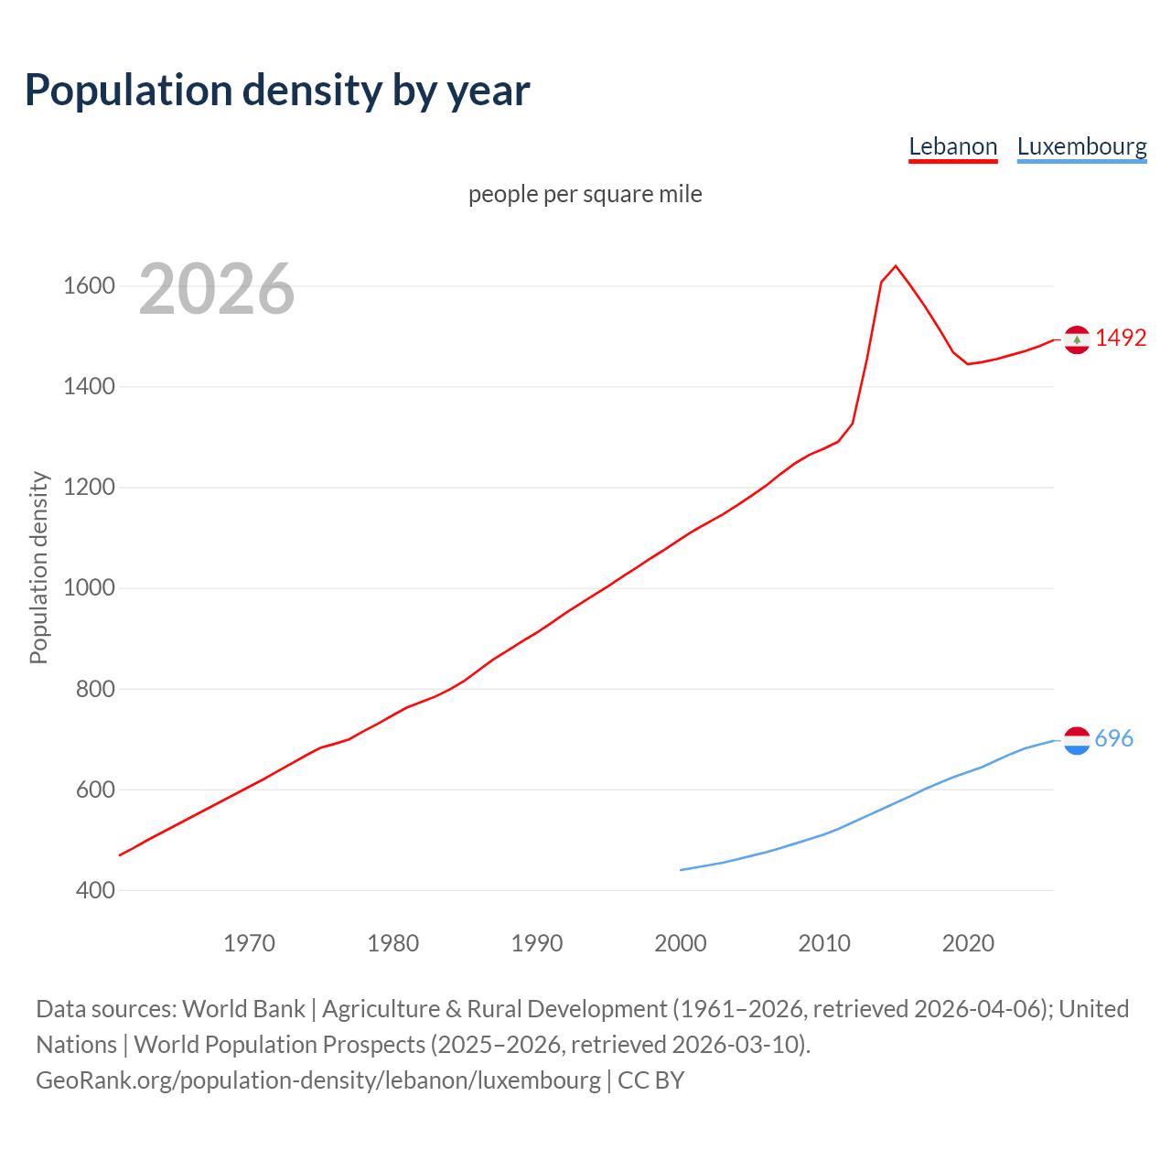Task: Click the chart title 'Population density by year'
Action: click(x=277, y=90)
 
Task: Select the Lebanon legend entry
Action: click(x=952, y=146)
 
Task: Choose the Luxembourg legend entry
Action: click(x=1081, y=146)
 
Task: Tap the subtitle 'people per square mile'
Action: click(x=585, y=194)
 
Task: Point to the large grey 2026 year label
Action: click(x=217, y=289)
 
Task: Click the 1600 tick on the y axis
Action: click(x=89, y=286)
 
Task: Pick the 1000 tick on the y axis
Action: click(x=89, y=588)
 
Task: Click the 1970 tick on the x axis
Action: click(x=249, y=943)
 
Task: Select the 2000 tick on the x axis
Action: click(x=681, y=943)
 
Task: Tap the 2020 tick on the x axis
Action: click(x=968, y=943)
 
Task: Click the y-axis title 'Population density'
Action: click(x=38, y=567)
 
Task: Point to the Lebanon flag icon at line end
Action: click(x=1077, y=339)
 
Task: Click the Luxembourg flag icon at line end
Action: click(x=1077, y=740)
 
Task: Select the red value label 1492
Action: click(x=1121, y=338)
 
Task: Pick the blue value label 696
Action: click(x=1114, y=738)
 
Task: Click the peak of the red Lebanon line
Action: click(x=896, y=266)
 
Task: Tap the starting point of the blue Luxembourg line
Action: click(x=681, y=870)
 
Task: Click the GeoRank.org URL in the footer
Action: click(x=318, y=1080)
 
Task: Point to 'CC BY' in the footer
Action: click(x=651, y=1080)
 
